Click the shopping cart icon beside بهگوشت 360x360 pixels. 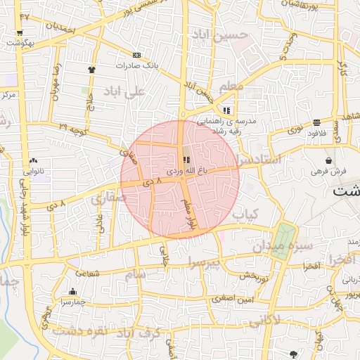tap(20, 32)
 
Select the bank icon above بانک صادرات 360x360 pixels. tap(136, 55)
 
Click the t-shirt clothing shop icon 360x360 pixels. tap(91, 70)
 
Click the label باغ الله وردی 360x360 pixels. tap(186, 171)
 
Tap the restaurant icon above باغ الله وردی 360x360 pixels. tap(186, 160)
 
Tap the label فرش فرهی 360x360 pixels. tap(327, 172)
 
